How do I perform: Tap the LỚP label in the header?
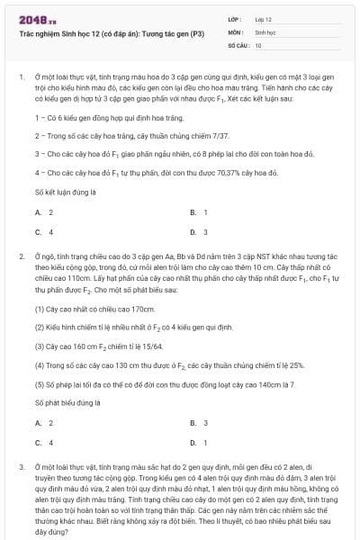234,18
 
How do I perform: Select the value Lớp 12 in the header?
263,18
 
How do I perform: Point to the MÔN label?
235,31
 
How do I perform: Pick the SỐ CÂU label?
238,44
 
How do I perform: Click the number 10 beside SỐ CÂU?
258,44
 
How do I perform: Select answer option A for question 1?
43,212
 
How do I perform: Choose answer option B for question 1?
198,212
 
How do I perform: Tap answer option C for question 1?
43,231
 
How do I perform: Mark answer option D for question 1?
198,231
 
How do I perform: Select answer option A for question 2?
43,422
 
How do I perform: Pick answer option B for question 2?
198,422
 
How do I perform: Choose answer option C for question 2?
43,442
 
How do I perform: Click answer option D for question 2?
198,442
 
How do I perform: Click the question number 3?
21,469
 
